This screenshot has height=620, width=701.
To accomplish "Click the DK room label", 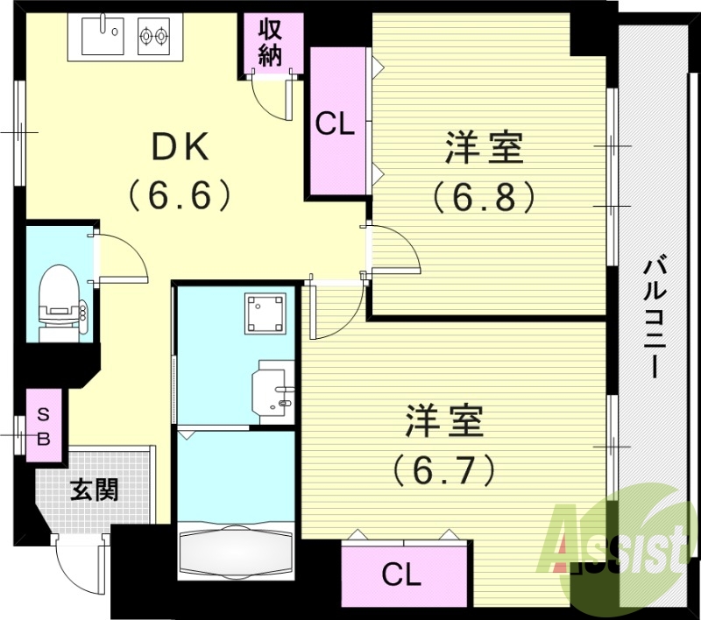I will (181, 148).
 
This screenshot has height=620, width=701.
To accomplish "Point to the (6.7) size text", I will (444, 470).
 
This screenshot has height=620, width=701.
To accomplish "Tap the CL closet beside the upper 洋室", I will (335, 125).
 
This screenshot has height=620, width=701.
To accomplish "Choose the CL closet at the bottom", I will (402, 575).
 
